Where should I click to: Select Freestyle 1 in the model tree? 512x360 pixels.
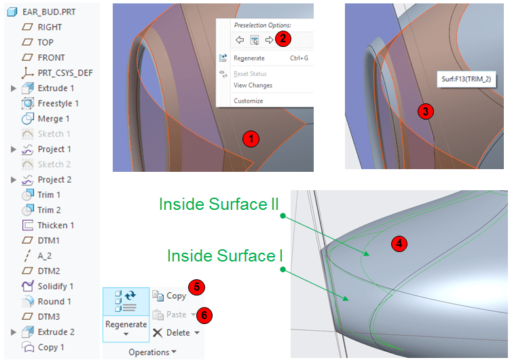(x=58, y=103)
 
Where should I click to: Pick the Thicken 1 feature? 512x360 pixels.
(x=56, y=225)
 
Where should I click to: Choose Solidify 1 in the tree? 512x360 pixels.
(x=55, y=286)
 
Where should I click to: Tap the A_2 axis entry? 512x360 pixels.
(x=45, y=255)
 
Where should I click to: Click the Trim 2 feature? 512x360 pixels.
(x=49, y=210)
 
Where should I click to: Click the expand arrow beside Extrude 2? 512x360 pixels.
(x=13, y=332)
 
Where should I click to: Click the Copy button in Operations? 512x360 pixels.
(x=169, y=295)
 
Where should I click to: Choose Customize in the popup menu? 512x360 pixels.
(x=248, y=101)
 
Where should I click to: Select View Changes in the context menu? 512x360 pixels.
(x=253, y=85)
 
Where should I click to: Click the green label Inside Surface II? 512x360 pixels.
(x=219, y=204)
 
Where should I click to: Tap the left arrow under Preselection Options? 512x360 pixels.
(x=240, y=40)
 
